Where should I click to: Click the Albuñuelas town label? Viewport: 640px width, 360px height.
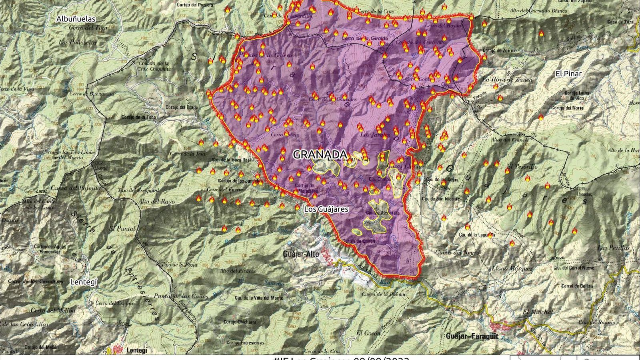tap(76, 19)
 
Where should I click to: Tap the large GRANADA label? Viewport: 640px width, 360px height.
tap(320, 155)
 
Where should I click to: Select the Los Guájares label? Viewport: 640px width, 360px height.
tap(326, 209)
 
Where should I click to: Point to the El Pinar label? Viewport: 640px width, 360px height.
tap(568, 74)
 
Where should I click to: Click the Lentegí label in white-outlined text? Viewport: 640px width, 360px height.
tap(84, 282)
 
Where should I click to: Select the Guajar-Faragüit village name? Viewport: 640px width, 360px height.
tap(472, 336)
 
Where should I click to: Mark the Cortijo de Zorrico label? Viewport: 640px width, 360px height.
tap(500, 51)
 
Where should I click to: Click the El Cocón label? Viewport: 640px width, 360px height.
tap(366, 333)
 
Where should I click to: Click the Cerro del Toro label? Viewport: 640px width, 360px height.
tap(82, 28)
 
